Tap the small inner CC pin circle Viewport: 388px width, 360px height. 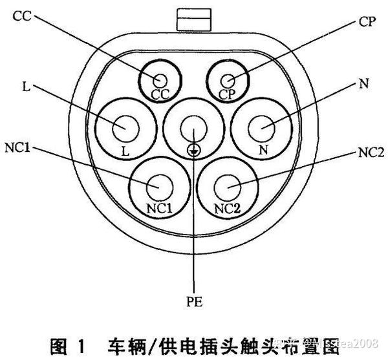tap(160, 81)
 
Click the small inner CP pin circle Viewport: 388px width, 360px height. tap(227, 81)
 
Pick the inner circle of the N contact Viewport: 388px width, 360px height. tap(263, 127)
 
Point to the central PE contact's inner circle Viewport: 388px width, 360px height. tap(193, 127)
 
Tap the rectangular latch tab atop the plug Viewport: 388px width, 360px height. tap(193, 17)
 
